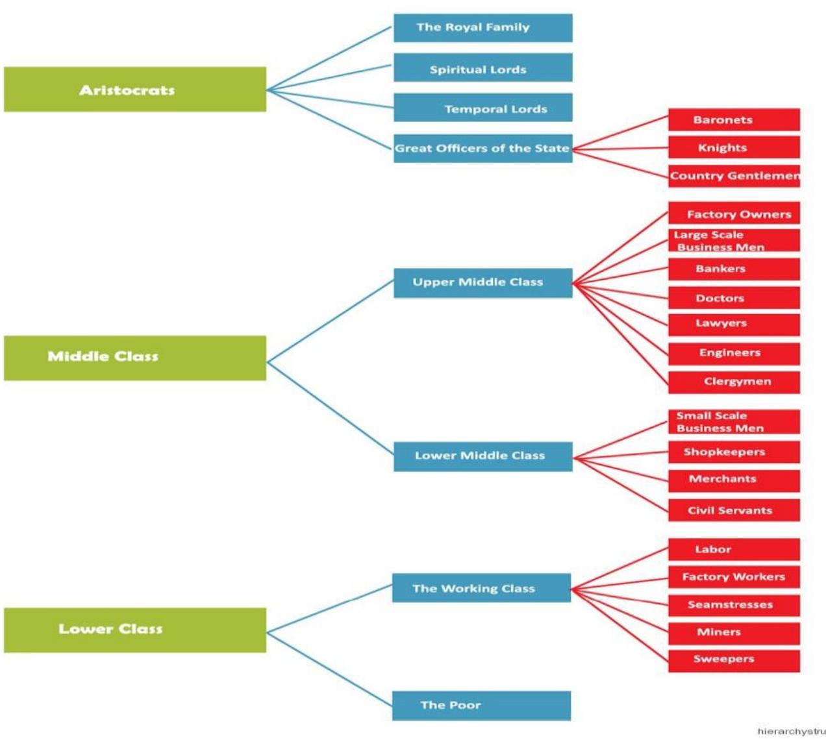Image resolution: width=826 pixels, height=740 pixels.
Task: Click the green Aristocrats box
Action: [135, 90]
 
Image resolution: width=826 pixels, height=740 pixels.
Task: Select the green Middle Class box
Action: [135, 358]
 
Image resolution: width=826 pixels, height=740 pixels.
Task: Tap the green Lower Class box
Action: [135, 630]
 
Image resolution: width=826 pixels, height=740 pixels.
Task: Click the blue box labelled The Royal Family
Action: [482, 28]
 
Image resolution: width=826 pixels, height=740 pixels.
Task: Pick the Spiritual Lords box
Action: [482, 68]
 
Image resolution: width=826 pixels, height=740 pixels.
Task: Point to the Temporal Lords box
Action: [482, 108]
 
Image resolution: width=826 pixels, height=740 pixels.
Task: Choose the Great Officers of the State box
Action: [482, 148]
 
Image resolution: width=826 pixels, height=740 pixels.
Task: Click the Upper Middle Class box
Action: [482, 283]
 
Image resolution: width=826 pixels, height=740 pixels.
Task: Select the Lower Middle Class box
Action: [482, 456]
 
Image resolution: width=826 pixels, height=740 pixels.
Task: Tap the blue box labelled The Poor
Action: [481, 706]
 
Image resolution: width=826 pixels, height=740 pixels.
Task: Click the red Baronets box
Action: [734, 120]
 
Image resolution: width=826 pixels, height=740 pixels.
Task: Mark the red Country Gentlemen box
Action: [734, 176]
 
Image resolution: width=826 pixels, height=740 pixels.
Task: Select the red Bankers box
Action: [734, 269]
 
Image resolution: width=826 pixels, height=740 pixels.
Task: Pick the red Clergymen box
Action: [734, 382]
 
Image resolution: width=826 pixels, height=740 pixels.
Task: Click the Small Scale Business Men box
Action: [734, 422]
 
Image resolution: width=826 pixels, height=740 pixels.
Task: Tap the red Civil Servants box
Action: [734, 510]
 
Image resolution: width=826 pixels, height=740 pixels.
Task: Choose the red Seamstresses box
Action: [734, 605]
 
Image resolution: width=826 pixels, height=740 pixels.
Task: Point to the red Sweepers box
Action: [734, 660]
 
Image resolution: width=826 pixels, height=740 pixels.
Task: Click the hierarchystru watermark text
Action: [791, 731]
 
